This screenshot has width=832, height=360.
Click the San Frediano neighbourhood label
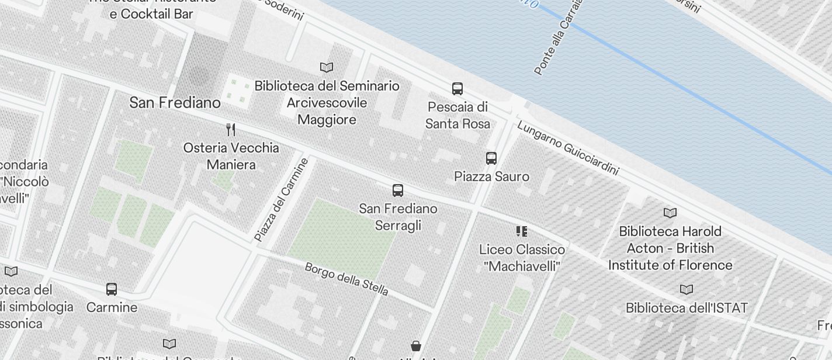coord(175,103)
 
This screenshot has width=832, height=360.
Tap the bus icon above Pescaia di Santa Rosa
coord(457,89)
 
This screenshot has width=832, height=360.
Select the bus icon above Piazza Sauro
coord(491,158)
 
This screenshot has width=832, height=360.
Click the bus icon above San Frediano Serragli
coord(398,190)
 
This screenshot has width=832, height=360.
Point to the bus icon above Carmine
coord(112,289)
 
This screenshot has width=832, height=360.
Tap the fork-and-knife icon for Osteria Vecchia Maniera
coord(231,129)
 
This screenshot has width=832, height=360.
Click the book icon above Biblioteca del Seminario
coord(327,68)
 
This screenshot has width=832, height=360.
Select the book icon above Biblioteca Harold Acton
coord(670,213)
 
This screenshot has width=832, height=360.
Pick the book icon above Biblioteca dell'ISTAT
coord(687,289)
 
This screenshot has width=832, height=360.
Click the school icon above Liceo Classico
coord(522,231)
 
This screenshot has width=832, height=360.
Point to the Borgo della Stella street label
coord(346,279)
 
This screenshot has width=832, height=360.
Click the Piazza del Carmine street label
coord(281,200)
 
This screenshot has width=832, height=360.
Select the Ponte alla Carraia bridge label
coord(559,38)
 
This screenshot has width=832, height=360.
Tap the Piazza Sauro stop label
coord(492,176)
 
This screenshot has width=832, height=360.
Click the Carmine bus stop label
coord(112,307)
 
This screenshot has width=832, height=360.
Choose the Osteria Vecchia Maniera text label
coord(231,156)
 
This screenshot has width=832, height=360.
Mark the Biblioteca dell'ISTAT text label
coord(687,308)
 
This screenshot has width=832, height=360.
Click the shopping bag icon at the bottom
coord(416,346)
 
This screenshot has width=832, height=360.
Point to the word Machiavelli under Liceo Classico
coord(522,266)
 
